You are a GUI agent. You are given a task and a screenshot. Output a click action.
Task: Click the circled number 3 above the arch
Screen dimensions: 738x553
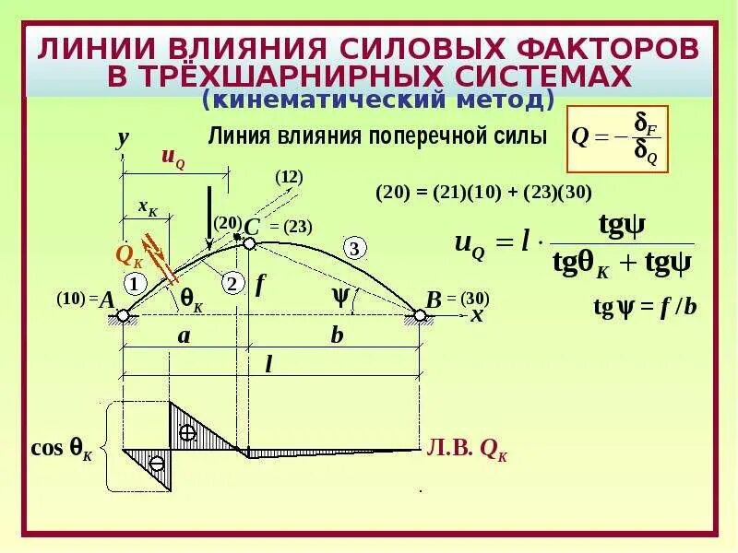click(x=355, y=247)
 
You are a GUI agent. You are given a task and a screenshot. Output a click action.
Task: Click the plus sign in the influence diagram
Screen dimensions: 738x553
click(x=188, y=432)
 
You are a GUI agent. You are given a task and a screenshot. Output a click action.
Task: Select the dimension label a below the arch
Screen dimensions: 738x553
click(x=184, y=335)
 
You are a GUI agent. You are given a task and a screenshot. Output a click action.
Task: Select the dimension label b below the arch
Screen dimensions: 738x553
click(x=337, y=335)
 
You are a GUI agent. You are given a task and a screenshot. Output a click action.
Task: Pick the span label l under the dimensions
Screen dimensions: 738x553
click(x=268, y=364)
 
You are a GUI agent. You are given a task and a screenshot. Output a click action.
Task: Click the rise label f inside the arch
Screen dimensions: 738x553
click(x=260, y=285)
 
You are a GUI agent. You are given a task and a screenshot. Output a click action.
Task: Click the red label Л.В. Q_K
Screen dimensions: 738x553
click(x=467, y=450)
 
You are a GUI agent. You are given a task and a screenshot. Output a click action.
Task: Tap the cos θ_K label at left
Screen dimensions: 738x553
click(x=62, y=449)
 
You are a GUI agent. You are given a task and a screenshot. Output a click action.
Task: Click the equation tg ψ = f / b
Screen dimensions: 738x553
click(x=645, y=306)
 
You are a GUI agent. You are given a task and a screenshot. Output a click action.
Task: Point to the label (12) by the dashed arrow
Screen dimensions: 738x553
click(x=289, y=176)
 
